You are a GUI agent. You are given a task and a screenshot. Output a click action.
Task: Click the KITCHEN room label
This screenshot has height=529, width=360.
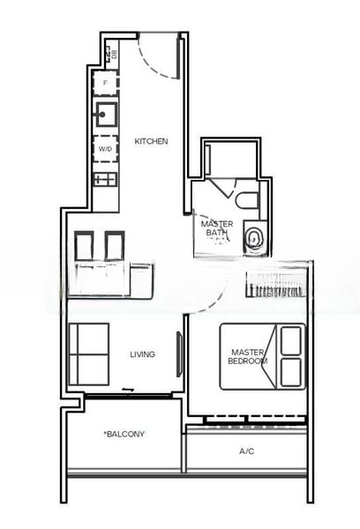(151, 141)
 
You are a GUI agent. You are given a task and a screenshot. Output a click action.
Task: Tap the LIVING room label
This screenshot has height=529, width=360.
(143, 354)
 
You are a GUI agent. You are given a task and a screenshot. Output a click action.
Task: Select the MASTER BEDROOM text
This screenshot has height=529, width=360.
(248, 356)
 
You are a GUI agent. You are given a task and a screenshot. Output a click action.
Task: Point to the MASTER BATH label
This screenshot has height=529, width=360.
(217, 228)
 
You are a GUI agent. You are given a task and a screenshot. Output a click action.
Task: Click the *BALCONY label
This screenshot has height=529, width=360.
(124, 434)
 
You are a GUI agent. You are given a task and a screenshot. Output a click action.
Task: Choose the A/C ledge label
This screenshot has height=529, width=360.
(246, 451)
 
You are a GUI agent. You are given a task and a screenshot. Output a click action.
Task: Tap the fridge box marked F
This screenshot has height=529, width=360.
(105, 83)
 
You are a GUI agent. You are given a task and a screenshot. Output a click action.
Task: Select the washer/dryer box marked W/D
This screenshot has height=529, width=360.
(105, 148)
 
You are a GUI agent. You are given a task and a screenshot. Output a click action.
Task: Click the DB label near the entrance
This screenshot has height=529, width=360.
(114, 54)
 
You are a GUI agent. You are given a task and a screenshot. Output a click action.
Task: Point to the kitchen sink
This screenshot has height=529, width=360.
(107, 115)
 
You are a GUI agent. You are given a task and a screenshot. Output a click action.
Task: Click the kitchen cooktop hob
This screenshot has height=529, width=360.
(106, 179)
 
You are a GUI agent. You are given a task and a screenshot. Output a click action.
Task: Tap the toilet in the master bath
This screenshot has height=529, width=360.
(246, 200)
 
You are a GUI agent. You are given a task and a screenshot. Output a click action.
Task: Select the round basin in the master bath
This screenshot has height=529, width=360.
(253, 239)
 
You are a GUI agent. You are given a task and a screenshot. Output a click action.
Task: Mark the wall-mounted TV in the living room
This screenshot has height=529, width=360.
(179, 354)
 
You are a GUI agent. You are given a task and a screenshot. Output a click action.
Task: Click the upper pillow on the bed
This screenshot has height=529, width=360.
(291, 340)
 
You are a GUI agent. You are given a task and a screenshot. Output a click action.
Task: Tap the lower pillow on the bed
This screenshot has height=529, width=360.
(291, 372)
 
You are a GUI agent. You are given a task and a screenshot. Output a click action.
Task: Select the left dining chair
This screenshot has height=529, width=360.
(84, 246)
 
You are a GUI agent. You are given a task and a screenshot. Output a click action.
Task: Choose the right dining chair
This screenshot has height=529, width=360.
(115, 246)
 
